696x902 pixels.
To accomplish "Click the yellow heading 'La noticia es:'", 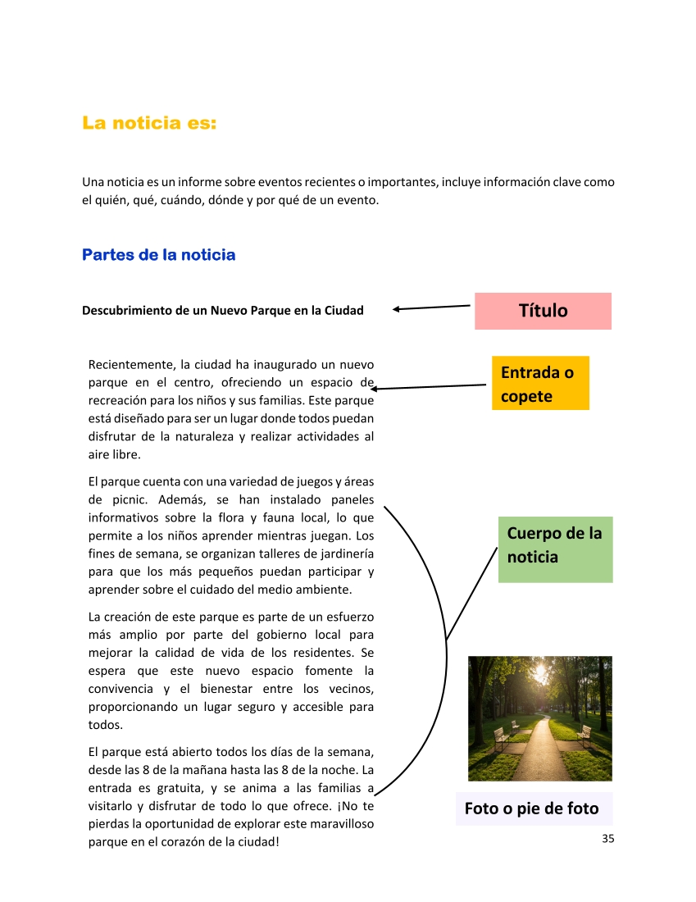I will [149, 124].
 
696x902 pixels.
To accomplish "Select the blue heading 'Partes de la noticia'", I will [158, 255].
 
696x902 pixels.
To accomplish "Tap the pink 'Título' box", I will [543, 311].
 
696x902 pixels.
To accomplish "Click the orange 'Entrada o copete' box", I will [540, 384].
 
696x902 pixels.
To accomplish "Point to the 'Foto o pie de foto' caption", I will [532, 809].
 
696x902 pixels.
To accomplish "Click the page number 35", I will [607, 838].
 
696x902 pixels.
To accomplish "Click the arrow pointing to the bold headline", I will [431, 307].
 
